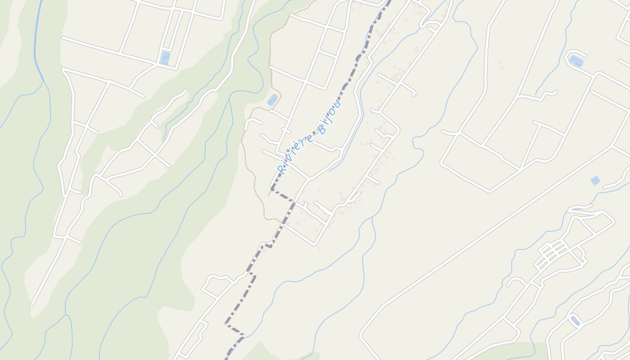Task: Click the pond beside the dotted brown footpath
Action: [272, 100]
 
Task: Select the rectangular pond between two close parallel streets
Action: [165, 58]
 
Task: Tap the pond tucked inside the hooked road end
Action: [576, 61]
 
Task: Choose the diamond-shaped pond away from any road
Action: [595, 180]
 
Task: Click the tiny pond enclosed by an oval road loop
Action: [575, 321]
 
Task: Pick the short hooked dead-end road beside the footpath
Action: [251, 123]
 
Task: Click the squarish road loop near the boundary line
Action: [215, 284]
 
